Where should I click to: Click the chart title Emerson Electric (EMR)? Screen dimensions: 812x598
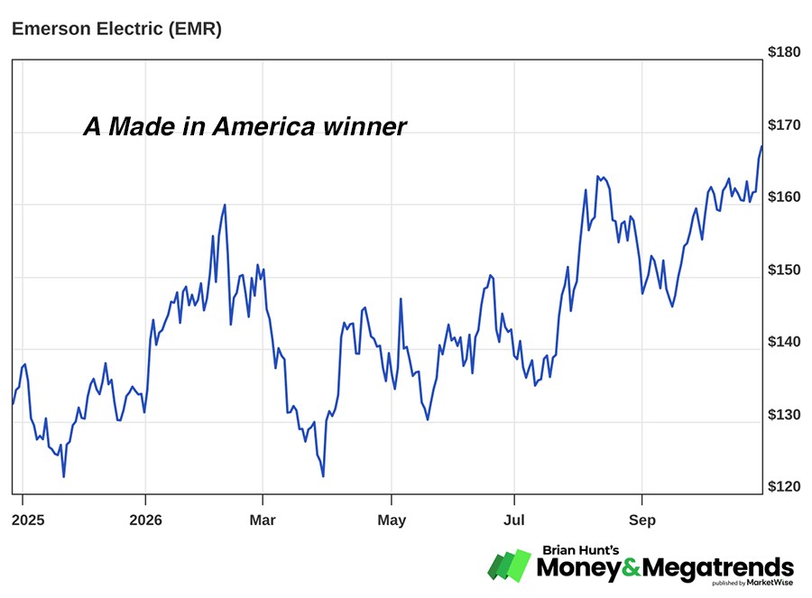(x=116, y=29)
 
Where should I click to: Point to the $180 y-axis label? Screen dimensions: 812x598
(x=783, y=52)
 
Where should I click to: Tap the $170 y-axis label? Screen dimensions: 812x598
(x=783, y=124)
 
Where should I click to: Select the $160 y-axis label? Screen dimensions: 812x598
(x=783, y=198)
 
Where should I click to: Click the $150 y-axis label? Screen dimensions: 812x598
(x=783, y=270)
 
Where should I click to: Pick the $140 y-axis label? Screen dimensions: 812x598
(x=783, y=342)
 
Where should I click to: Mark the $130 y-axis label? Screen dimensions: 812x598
(x=783, y=415)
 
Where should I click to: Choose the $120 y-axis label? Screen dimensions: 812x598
(x=783, y=487)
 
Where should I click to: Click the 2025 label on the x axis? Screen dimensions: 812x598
(x=28, y=520)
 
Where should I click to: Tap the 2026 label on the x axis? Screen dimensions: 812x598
(x=145, y=520)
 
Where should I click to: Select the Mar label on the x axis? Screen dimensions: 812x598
(x=263, y=520)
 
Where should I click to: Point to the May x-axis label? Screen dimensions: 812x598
(x=392, y=520)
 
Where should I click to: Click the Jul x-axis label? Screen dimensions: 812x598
(x=514, y=520)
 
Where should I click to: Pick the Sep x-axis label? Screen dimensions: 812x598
(x=642, y=520)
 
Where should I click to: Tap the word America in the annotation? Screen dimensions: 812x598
(x=263, y=127)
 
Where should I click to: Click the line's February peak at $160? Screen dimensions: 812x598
(x=225, y=205)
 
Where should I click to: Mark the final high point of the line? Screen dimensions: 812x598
(x=761, y=146)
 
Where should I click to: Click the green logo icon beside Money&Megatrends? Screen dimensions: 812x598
(x=510, y=566)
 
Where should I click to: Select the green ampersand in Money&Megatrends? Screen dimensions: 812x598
(x=632, y=568)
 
